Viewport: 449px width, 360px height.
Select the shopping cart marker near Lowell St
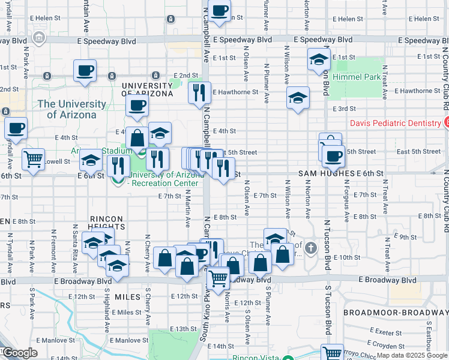(x=32, y=159)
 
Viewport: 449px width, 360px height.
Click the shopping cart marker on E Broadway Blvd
(x=218, y=278)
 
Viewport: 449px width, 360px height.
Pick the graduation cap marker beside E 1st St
(x=319, y=59)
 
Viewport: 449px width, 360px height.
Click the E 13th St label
(x=183, y=329)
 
